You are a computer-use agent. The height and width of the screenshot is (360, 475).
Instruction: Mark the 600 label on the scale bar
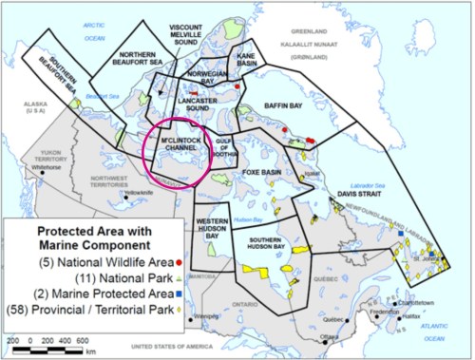click(83, 339)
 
